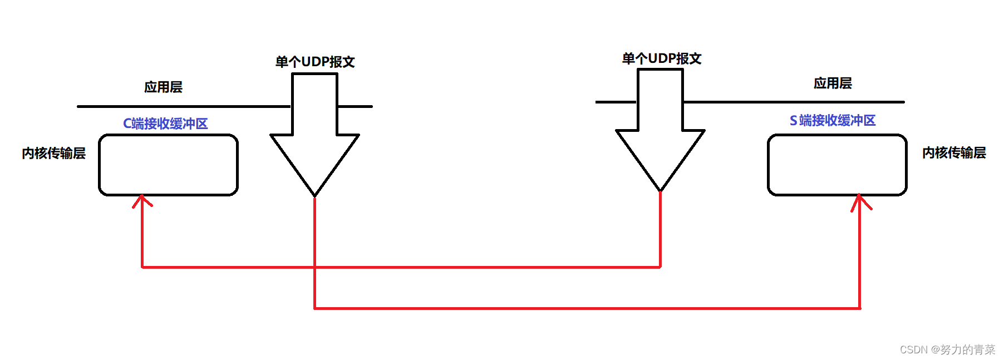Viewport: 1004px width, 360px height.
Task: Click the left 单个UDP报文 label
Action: [x=315, y=62]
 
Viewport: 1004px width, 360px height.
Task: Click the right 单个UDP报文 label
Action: [x=661, y=58]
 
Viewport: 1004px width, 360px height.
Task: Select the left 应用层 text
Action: [x=163, y=87]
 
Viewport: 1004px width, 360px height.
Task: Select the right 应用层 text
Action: [x=833, y=83]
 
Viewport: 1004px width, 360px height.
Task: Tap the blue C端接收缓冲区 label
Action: [x=165, y=124]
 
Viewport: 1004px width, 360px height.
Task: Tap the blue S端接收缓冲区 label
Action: [x=833, y=120]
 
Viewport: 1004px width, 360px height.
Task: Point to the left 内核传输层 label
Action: [x=53, y=154]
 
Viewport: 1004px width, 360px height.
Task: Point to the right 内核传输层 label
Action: [x=953, y=153]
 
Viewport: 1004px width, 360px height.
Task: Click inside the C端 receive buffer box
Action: [x=168, y=165]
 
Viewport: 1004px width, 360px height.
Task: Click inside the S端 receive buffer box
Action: [x=837, y=165]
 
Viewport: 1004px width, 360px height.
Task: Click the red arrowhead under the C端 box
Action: [x=142, y=200]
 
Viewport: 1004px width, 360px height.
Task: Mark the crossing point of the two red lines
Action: [x=315, y=268]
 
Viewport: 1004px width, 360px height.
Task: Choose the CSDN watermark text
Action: [x=947, y=349]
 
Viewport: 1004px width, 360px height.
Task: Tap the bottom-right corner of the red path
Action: [x=860, y=308]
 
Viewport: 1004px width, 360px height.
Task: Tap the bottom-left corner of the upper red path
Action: [x=142, y=268]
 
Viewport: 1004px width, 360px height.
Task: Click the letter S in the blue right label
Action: [x=793, y=121]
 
